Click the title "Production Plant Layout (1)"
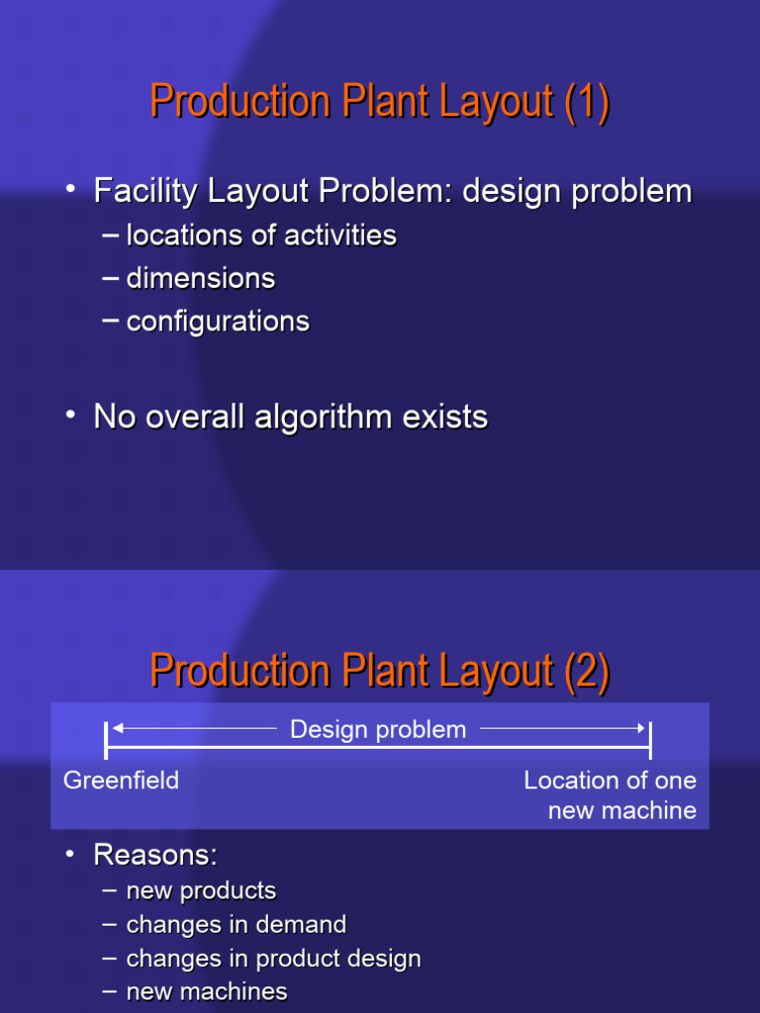point(379,103)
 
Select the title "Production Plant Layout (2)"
point(379,672)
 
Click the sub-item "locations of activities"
point(261,235)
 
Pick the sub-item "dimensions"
point(201,279)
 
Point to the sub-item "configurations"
point(218,322)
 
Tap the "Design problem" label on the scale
point(378,730)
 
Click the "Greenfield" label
point(122,781)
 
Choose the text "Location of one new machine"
point(611,795)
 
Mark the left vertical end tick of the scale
point(106,740)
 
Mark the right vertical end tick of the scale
point(650,740)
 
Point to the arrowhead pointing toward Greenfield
point(118,729)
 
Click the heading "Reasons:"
point(154,855)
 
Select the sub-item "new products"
point(201,891)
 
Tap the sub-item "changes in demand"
point(237,925)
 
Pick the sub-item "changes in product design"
point(274,959)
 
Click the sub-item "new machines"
point(207,991)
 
